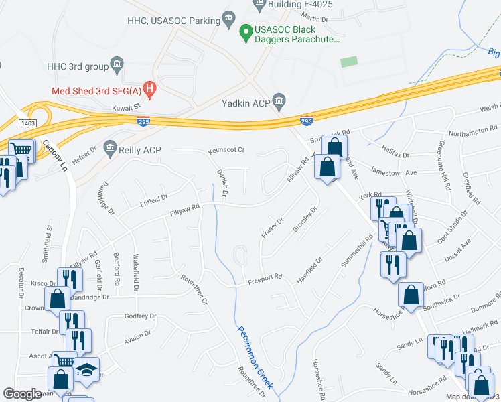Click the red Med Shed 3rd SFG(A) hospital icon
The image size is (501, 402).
click(x=151, y=87)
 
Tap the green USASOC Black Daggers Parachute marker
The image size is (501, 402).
click(x=246, y=30)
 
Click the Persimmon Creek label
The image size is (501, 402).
click(x=255, y=358)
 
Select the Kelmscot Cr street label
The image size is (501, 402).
click(x=226, y=150)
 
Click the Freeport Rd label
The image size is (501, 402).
click(x=265, y=276)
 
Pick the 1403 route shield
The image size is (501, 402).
click(x=27, y=123)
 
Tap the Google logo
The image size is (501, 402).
click(x=23, y=394)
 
